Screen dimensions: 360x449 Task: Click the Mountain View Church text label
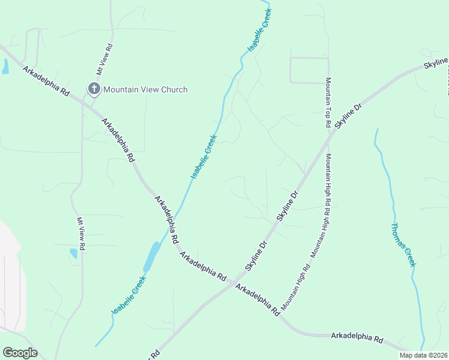point(145,89)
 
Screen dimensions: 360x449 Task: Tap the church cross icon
point(94,89)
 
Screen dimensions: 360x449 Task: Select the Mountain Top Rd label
point(328,102)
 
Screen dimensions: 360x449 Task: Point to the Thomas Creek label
point(403,245)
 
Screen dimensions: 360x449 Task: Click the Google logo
point(20,353)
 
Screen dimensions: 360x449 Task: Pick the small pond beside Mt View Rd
point(73,253)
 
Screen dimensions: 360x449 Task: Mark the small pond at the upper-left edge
point(5,67)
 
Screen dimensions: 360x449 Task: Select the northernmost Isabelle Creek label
point(260,29)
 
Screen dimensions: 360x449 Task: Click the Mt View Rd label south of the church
point(81,233)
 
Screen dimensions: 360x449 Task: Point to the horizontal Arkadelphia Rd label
point(357,338)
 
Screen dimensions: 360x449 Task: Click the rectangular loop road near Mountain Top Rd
point(309,70)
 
